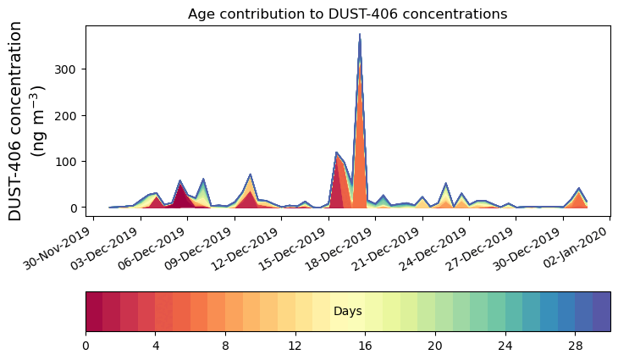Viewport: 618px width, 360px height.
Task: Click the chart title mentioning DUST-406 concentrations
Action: click(347, 14)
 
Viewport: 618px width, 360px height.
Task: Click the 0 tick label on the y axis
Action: click(75, 208)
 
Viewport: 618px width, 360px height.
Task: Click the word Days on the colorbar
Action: click(348, 312)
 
